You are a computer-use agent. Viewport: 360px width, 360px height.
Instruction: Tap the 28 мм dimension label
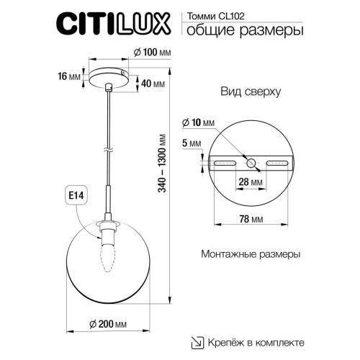(x=248, y=183)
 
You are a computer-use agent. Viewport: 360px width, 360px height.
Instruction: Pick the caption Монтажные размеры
(x=250, y=255)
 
